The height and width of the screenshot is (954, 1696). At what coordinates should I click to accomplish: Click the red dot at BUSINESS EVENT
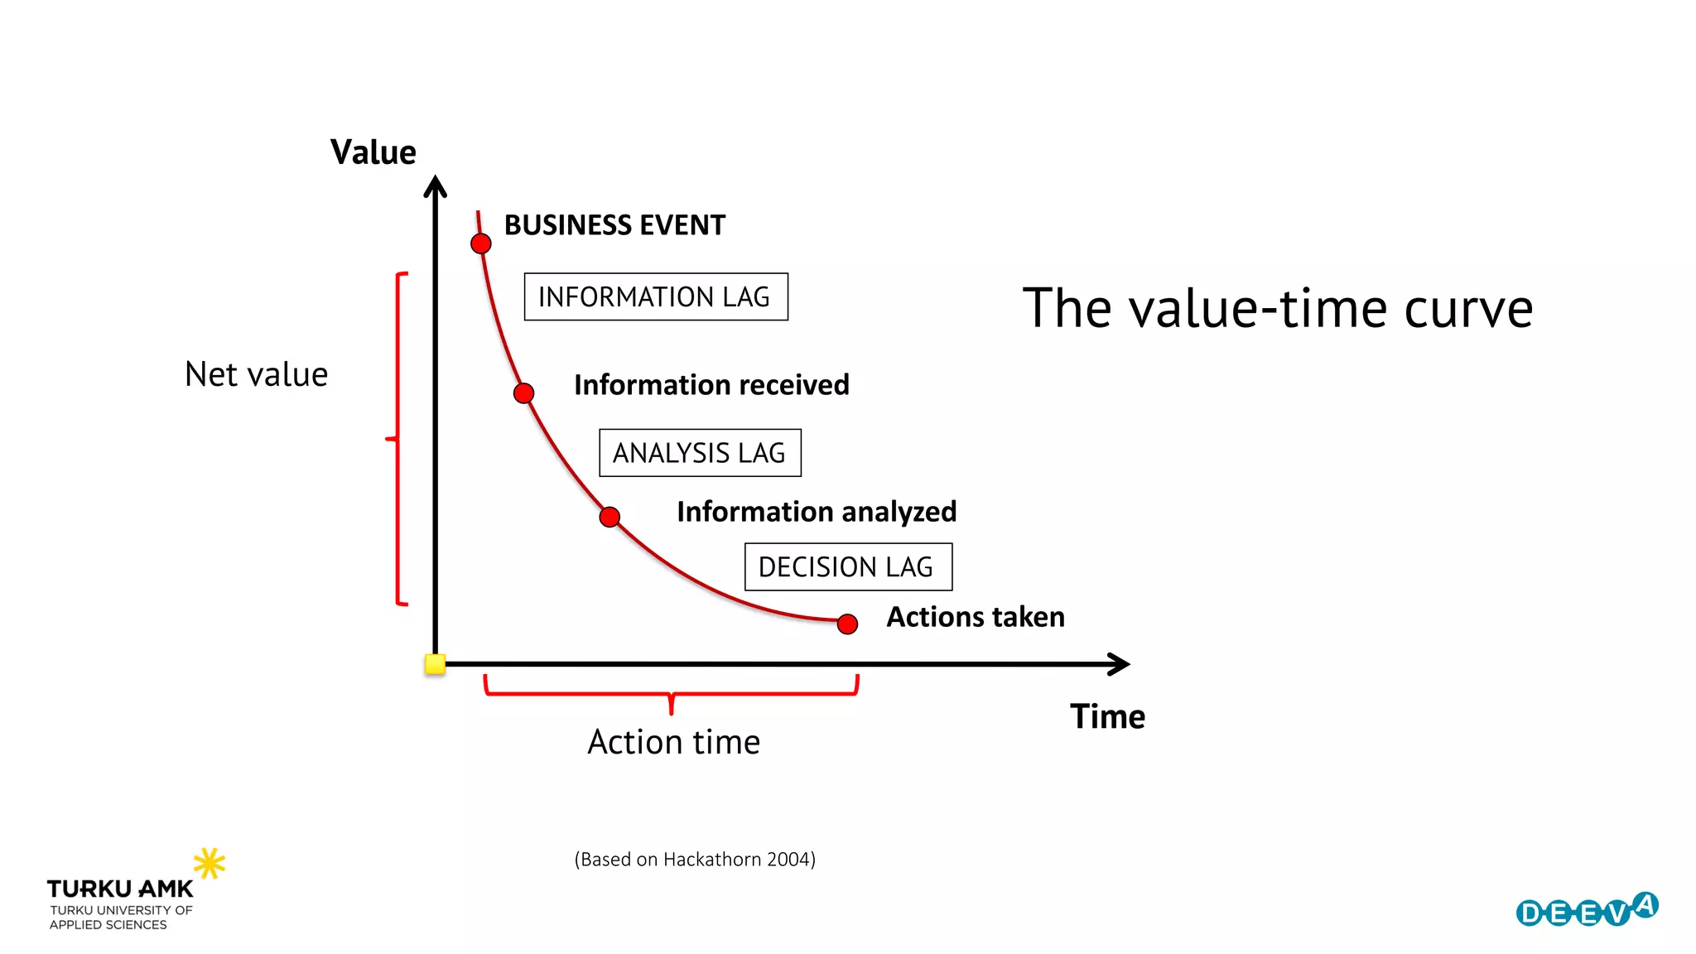coord(481,243)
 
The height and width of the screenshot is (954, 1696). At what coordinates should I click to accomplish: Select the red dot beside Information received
coord(523,393)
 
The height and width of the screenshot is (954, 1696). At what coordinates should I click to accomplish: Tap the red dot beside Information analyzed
coord(609,518)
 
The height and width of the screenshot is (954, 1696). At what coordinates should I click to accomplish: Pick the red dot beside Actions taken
coord(847,624)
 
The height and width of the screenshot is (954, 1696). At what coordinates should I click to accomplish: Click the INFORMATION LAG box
coord(656,296)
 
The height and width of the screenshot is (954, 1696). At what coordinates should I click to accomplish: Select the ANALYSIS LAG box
coord(700,453)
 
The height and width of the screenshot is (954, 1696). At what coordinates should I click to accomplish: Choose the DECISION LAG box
coord(848,567)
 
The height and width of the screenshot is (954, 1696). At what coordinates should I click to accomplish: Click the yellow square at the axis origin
coord(435,664)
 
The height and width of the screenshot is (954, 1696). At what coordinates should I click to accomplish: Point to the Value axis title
coord(373,152)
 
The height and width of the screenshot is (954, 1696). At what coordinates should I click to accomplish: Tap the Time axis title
coord(1107,716)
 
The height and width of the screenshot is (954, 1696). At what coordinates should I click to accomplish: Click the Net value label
coord(256,374)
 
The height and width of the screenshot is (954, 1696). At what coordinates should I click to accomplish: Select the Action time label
coord(673,742)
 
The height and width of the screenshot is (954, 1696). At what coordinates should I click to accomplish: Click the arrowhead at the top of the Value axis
coord(436,185)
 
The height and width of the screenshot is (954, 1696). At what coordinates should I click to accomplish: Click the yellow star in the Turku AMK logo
coord(209,863)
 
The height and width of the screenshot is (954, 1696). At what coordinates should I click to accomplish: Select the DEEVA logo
coord(1587,910)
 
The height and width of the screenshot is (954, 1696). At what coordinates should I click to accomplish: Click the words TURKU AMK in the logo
coord(120,889)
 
